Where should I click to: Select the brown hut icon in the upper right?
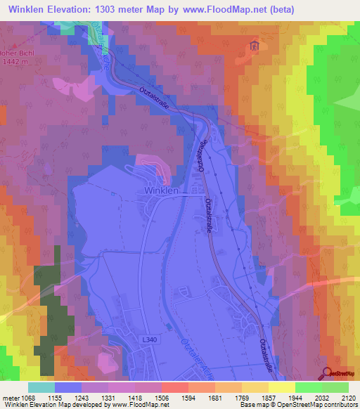pyautogui.click(x=253, y=46)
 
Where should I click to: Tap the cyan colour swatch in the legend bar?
pyautogui.click(x=41, y=387)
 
